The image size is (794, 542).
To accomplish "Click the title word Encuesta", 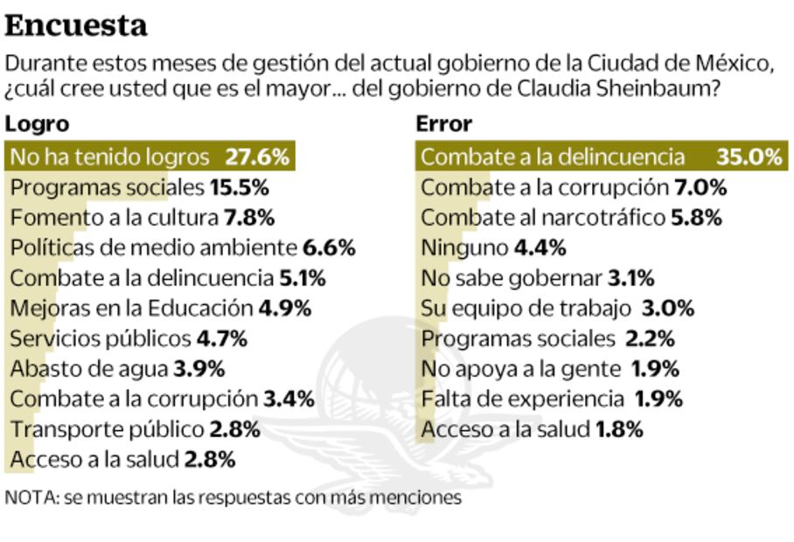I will tap(76, 26).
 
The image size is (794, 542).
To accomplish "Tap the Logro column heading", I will tap(36, 123).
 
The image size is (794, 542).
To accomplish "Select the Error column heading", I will tap(443, 123).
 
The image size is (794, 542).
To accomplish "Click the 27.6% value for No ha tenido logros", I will tap(256, 157).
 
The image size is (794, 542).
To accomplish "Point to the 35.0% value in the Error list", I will tap(749, 157).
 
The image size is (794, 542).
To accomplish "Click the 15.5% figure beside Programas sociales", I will tap(239, 187).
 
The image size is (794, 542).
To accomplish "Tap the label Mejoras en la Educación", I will tap(131, 309).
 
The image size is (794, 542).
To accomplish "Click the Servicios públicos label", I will tap(100, 338).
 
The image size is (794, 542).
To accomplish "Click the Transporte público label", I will tap(107, 429).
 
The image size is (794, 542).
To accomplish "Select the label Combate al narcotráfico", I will tap(542, 218).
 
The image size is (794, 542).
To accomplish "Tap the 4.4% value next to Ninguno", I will tap(540, 248).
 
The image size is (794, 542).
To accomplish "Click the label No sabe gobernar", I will tap(511, 279).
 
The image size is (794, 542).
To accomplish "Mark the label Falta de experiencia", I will tap(520, 400).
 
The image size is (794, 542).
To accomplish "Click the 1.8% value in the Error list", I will tap(619, 429).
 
